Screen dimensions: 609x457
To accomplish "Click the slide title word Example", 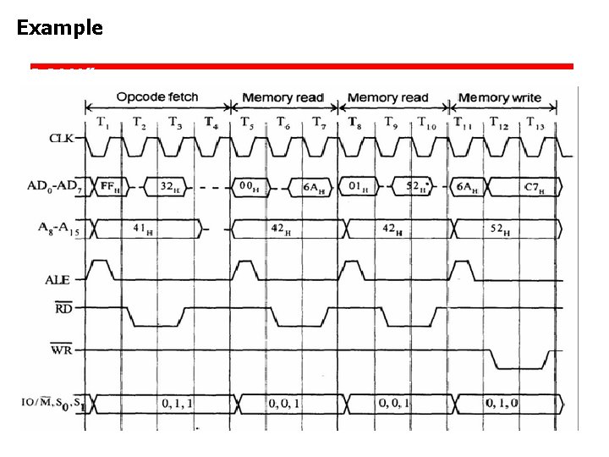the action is coord(59,28).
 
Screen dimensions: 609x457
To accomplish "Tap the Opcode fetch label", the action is coord(157,97).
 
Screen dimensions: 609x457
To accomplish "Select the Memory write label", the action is coord(500,98).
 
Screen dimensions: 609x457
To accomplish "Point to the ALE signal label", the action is coord(57,278).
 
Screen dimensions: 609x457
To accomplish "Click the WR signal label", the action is coord(61,349).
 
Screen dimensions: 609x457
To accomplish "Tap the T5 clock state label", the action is coord(247,124).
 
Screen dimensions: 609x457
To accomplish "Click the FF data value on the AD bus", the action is coord(109,186).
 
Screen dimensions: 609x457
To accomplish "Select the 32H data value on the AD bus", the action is coord(168,187).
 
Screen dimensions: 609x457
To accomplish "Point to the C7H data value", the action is coord(533,187).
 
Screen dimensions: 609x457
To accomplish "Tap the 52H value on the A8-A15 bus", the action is coord(500,229).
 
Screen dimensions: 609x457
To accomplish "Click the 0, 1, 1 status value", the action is coord(178,405).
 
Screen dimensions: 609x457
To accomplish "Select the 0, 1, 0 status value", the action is coord(502,405).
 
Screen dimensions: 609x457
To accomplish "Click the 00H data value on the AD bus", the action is coord(249,187).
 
